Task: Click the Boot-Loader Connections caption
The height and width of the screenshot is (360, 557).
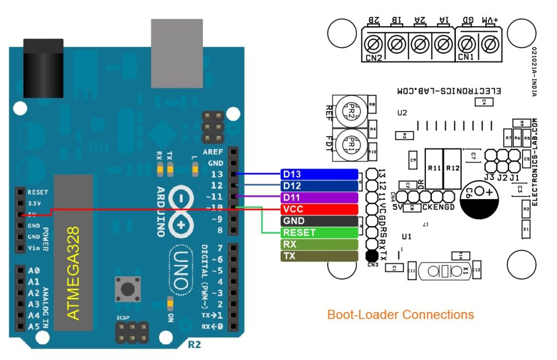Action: point(400,314)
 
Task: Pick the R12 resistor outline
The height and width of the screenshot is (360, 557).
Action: point(453,169)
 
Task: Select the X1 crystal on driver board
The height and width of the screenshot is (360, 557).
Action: point(444,270)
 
